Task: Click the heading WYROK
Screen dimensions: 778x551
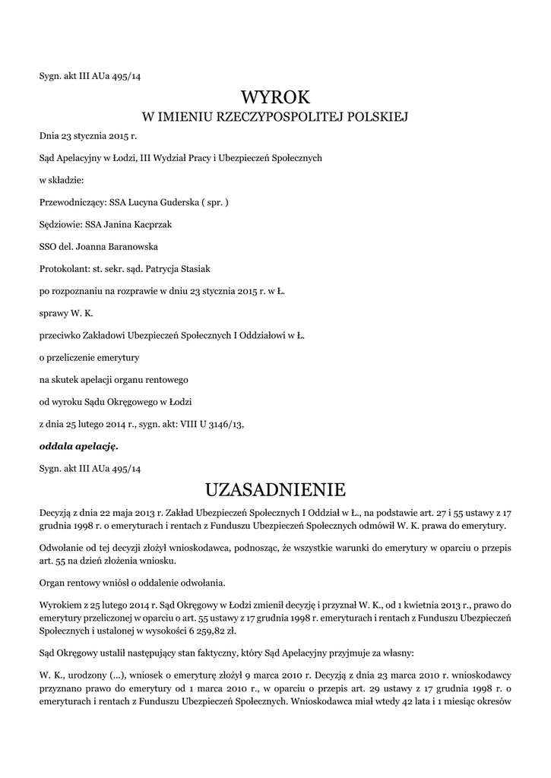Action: tap(275, 97)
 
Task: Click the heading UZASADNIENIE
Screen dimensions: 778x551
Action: tap(275, 487)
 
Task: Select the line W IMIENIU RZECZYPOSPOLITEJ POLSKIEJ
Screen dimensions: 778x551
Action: tap(275, 117)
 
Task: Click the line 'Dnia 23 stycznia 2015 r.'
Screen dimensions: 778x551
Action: tap(84, 136)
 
